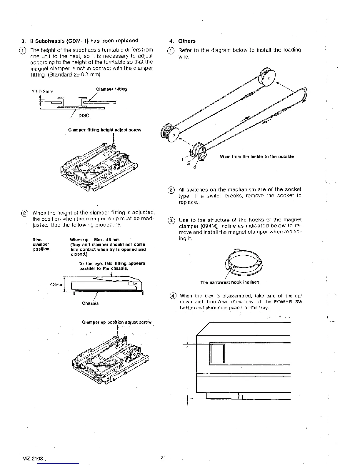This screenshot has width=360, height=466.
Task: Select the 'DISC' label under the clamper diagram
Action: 84,116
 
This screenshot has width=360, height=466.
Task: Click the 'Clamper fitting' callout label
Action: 111,89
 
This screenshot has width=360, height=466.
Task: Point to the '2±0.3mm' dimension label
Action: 42,91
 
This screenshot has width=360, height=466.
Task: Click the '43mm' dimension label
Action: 56,285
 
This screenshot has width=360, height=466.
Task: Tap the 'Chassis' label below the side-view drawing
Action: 90,303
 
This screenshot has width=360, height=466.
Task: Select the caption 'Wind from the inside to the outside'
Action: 257,157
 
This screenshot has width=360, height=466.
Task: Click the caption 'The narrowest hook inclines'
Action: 230,282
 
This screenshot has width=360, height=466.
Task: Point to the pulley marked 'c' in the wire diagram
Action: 268,77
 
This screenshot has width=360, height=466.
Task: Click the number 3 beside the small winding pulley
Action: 194,168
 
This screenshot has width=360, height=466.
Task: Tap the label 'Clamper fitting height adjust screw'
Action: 104,130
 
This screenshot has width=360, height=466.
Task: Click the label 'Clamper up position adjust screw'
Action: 117,322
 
